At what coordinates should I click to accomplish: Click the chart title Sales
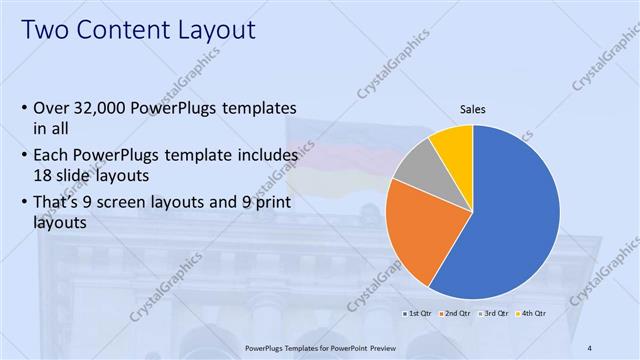click(x=473, y=110)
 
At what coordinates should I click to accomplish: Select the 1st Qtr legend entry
click(x=417, y=314)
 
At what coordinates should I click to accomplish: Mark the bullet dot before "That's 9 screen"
click(x=23, y=206)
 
